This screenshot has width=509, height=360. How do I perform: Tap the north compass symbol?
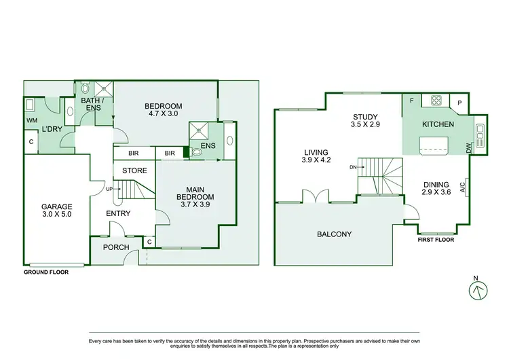[x=478, y=289]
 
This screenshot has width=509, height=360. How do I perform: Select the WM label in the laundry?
[x=31, y=120]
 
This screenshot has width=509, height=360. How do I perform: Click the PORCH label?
[x=115, y=247]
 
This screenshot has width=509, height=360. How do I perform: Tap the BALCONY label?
[x=335, y=234]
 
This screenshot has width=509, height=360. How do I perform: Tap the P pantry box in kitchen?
[x=459, y=103]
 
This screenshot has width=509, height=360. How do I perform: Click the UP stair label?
[x=109, y=188]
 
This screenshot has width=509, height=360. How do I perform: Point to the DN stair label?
[x=353, y=166]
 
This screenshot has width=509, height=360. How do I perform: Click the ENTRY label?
[x=118, y=213]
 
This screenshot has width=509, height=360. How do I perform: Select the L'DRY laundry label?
[x=51, y=128]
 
